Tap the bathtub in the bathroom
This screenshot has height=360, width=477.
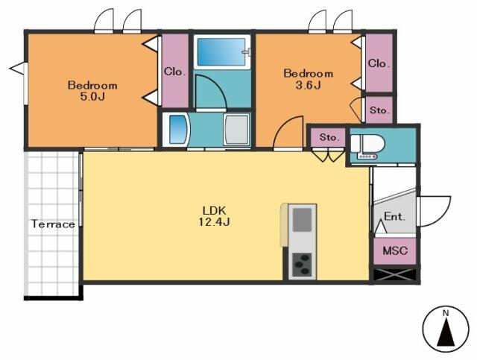click(x=221, y=51)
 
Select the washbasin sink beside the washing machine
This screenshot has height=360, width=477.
click(x=176, y=130)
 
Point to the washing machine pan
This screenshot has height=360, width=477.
click(x=236, y=130)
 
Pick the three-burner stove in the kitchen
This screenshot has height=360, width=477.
click(x=302, y=265)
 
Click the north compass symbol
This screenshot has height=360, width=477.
click(x=446, y=329)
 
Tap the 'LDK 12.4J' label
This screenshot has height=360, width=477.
click(x=214, y=216)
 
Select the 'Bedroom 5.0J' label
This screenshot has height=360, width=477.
click(x=92, y=91)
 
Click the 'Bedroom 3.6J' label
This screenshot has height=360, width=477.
click(x=308, y=79)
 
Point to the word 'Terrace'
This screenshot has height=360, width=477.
click(x=53, y=224)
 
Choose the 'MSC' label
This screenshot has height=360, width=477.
click(x=395, y=250)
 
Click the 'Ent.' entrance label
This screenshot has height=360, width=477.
click(x=394, y=216)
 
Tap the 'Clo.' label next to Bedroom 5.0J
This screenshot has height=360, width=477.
click(x=175, y=72)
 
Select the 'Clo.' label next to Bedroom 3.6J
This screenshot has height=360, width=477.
click(x=379, y=63)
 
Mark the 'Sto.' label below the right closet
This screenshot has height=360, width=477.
click(x=379, y=110)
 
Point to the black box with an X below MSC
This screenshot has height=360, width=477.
click(x=394, y=275)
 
